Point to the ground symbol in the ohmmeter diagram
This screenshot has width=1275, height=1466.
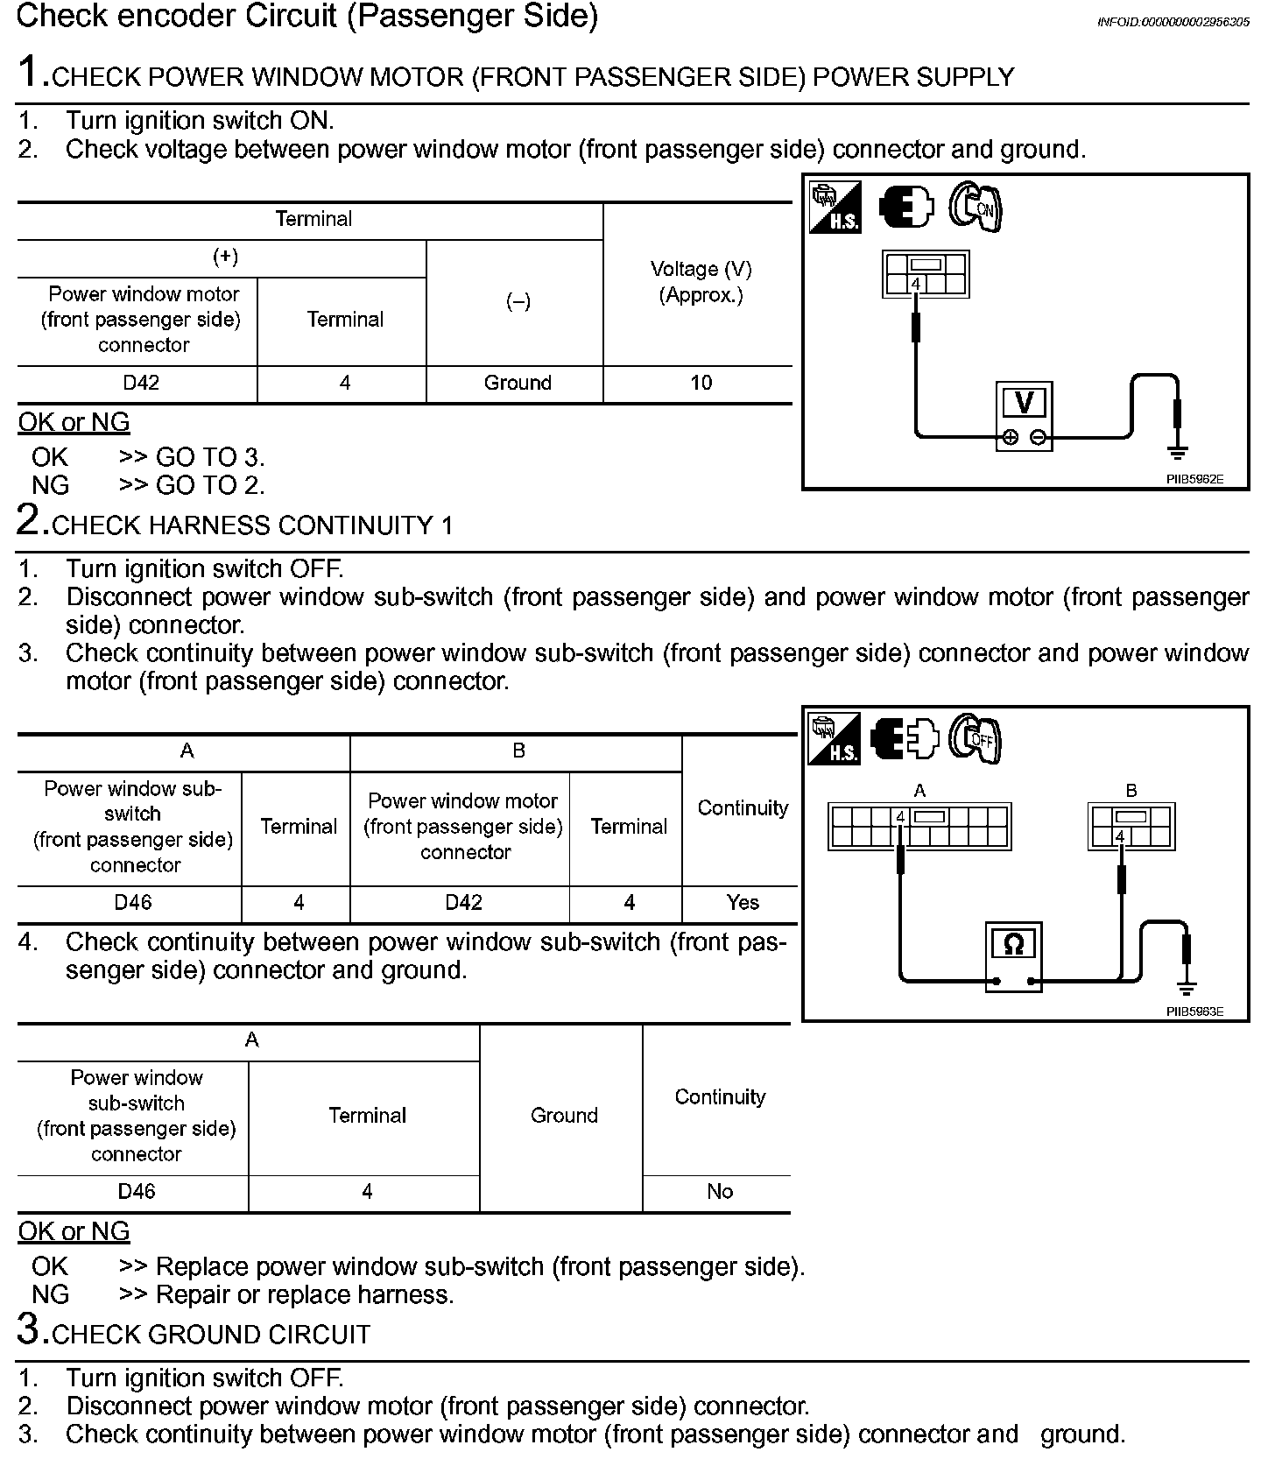[1187, 989]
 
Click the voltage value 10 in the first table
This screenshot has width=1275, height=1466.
[701, 383]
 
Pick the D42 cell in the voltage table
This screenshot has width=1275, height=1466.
[141, 383]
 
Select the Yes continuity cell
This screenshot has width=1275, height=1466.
[743, 903]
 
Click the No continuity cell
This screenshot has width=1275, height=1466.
[720, 1191]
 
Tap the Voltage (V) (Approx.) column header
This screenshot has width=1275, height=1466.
[701, 282]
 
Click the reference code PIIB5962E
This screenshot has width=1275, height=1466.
[1194, 479]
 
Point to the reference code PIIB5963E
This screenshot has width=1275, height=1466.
[1194, 1011]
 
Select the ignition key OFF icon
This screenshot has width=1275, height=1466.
[975, 739]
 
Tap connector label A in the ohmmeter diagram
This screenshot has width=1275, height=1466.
[919, 791]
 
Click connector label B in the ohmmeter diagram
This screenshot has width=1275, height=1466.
[1131, 791]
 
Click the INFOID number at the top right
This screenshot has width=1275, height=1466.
[1173, 22]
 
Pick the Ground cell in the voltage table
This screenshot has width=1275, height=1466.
[518, 383]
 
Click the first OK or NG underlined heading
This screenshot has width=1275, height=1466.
[74, 422]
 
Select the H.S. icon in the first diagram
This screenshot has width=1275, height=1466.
[835, 208]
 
